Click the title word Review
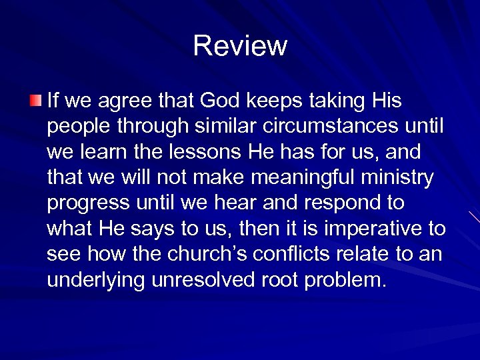pos(240,46)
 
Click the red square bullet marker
pos(35,101)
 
